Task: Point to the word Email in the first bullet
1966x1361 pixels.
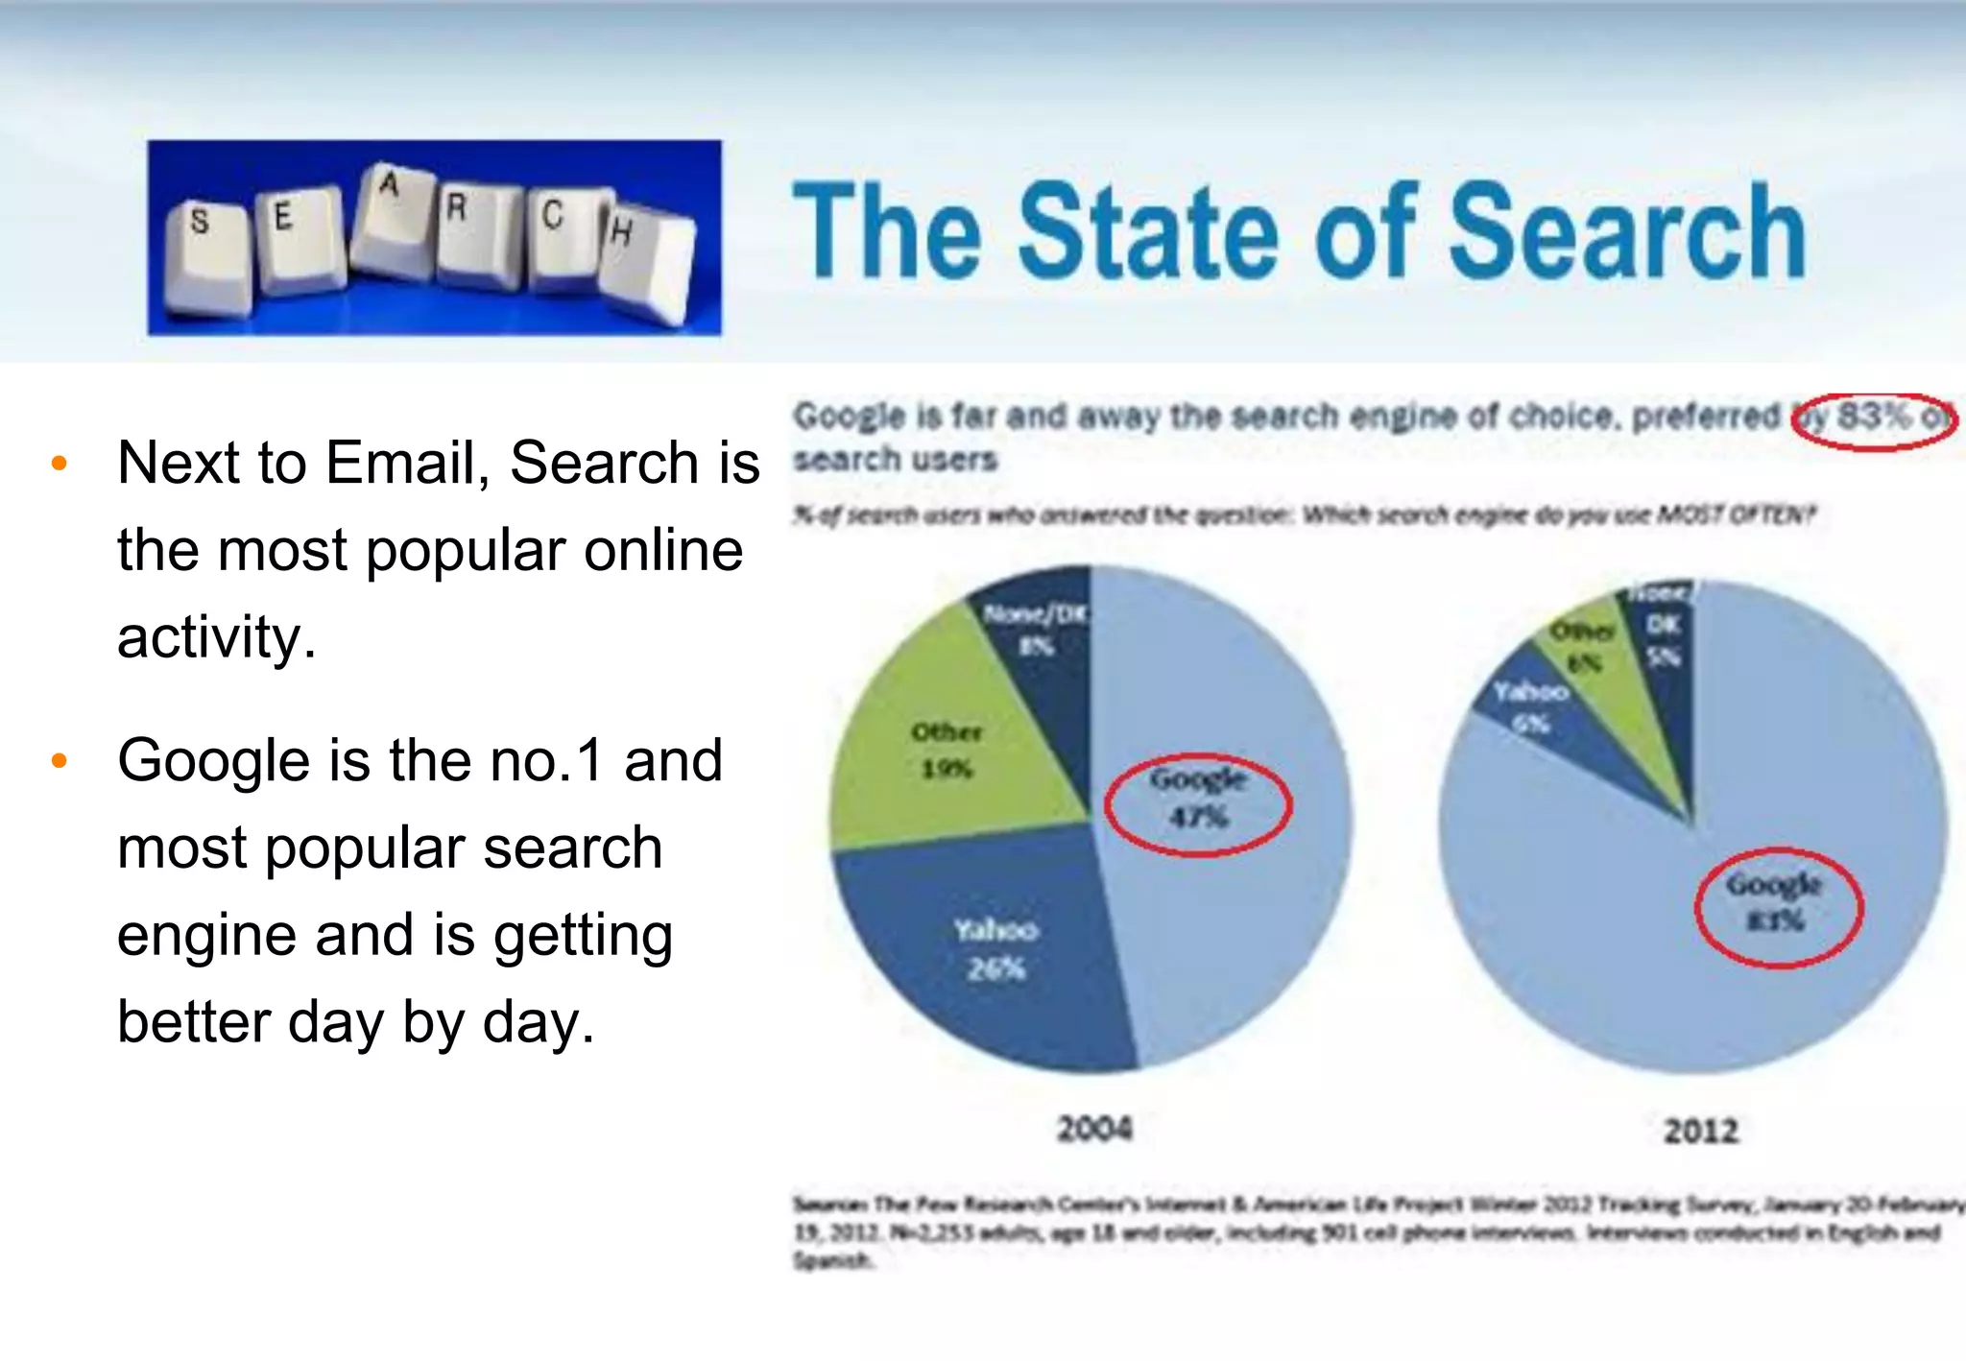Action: (x=407, y=463)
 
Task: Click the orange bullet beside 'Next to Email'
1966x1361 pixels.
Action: (x=60, y=464)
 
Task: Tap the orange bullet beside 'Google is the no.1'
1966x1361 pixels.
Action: (x=60, y=761)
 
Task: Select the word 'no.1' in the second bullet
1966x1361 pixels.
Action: (x=545, y=760)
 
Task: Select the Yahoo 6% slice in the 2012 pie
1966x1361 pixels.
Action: (x=1532, y=705)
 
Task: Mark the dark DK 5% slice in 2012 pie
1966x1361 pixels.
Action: (x=1663, y=641)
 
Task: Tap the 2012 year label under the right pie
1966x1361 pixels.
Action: (x=1701, y=1131)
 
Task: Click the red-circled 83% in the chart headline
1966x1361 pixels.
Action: (x=1873, y=418)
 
